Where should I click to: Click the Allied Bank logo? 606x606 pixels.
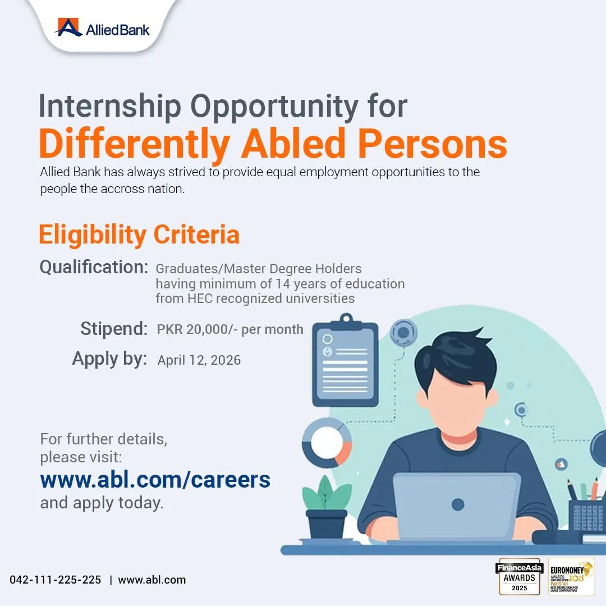pos(103,27)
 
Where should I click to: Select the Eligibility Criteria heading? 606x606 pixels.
pos(139,235)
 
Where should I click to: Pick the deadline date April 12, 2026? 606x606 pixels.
pos(199,360)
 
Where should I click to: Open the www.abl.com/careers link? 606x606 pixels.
pos(155,480)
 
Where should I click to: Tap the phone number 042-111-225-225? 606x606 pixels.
pos(56,580)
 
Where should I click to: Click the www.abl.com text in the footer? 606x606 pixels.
pos(151,580)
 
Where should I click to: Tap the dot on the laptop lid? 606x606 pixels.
pos(457,504)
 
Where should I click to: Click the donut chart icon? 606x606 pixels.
pos(327,442)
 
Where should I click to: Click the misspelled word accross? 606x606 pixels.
pos(121,189)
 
